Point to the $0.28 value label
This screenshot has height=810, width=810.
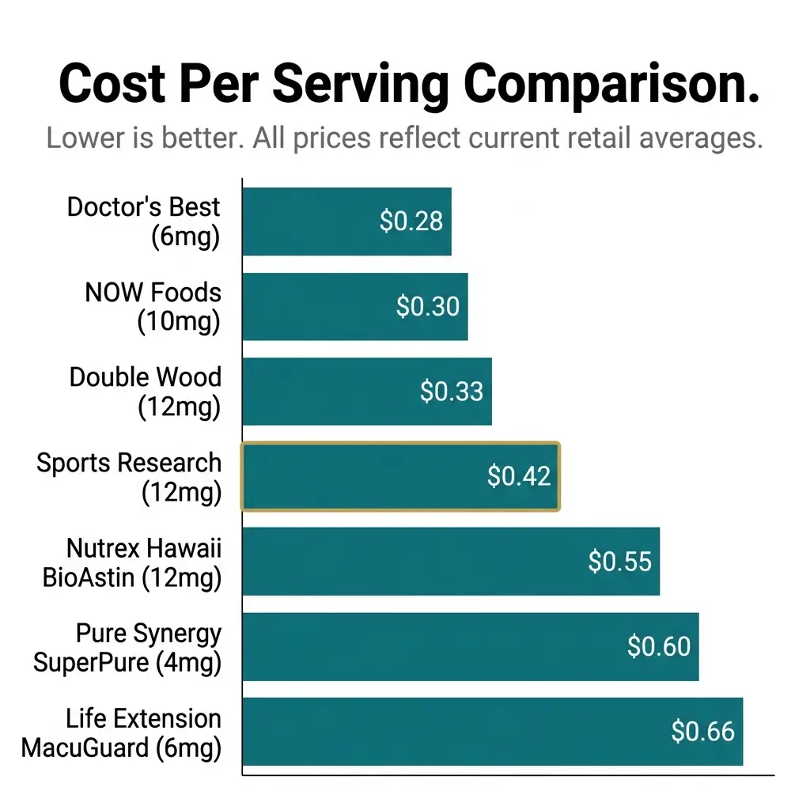(x=411, y=221)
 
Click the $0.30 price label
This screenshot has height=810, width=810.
(x=427, y=307)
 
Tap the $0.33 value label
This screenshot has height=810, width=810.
(x=451, y=392)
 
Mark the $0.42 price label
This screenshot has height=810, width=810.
(x=518, y=476)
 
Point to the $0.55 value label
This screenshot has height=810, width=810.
(x=619, y=562)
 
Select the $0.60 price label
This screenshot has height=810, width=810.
(x=659, y=646)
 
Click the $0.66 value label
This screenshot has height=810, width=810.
(x=702, y=732)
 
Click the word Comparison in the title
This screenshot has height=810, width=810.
(x=611, y=84)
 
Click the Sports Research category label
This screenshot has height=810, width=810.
(x=129, y=477)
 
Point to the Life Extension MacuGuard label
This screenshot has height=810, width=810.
(x=121, y=732)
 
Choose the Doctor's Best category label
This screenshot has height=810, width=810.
(x=143, y=221)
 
